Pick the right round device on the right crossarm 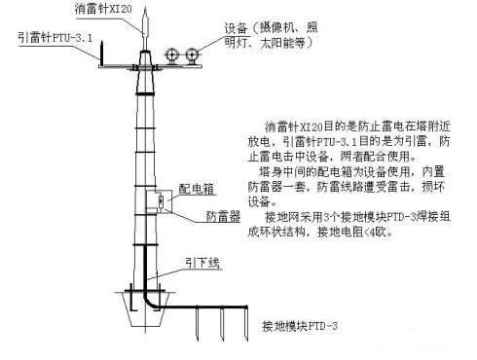point(193,54)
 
